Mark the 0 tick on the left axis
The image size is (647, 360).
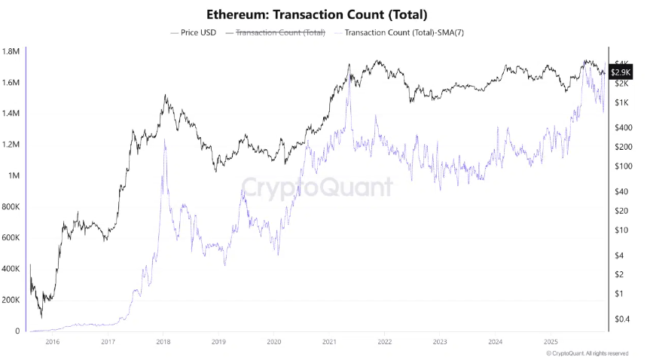17,331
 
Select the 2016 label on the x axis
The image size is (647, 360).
53,343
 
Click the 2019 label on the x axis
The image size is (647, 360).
218,343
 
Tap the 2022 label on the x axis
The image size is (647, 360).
385,343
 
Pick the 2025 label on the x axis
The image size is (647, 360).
551,343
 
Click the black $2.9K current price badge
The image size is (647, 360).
621,72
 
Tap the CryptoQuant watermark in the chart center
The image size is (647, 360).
316,188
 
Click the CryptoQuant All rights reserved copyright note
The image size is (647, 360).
587,352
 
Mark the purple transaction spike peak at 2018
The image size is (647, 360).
164,140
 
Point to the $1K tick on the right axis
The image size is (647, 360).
622,102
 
